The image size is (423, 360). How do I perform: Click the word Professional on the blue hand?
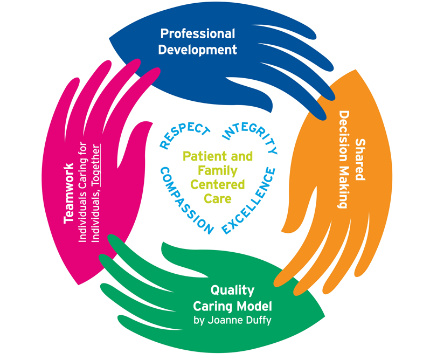(198, 34)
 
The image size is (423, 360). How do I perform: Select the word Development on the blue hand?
(198, 50)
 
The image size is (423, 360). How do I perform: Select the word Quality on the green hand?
(232, 290)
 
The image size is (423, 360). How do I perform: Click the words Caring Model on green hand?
(232, 306)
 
